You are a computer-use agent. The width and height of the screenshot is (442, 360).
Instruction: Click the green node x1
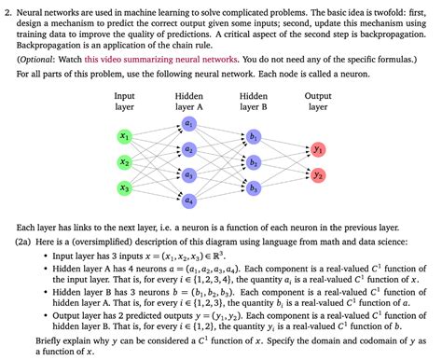click(125, 136)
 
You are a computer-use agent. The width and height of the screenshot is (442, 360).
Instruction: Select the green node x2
click(125, 162)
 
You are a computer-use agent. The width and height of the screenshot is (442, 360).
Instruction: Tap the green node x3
click(125, 188)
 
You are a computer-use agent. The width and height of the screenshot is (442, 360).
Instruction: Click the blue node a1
click(189, 123)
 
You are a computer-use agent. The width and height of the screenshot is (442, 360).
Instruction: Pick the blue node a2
click(189, 149)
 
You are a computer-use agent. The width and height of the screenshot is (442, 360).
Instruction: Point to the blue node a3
click(189, 174)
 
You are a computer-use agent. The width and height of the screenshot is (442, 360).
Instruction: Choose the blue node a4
click(189, 200)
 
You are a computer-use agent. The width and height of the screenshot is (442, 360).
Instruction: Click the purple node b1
click(254, 136)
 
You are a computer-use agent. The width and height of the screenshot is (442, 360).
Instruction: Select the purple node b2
click(254, 162)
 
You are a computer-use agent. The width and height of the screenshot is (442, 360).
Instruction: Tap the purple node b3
click(254, 188)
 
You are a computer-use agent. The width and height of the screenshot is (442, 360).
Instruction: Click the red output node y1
click(318, 149)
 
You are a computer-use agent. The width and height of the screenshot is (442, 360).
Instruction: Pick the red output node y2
click(318, 175)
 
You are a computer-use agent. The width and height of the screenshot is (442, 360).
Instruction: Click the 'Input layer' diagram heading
click(124, 102)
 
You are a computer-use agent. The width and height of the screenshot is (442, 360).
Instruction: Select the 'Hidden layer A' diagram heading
click(189, 102)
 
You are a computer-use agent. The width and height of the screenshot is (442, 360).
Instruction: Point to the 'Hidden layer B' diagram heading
click(254, 102)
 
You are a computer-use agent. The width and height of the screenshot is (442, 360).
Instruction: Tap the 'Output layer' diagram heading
click(318, 102)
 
